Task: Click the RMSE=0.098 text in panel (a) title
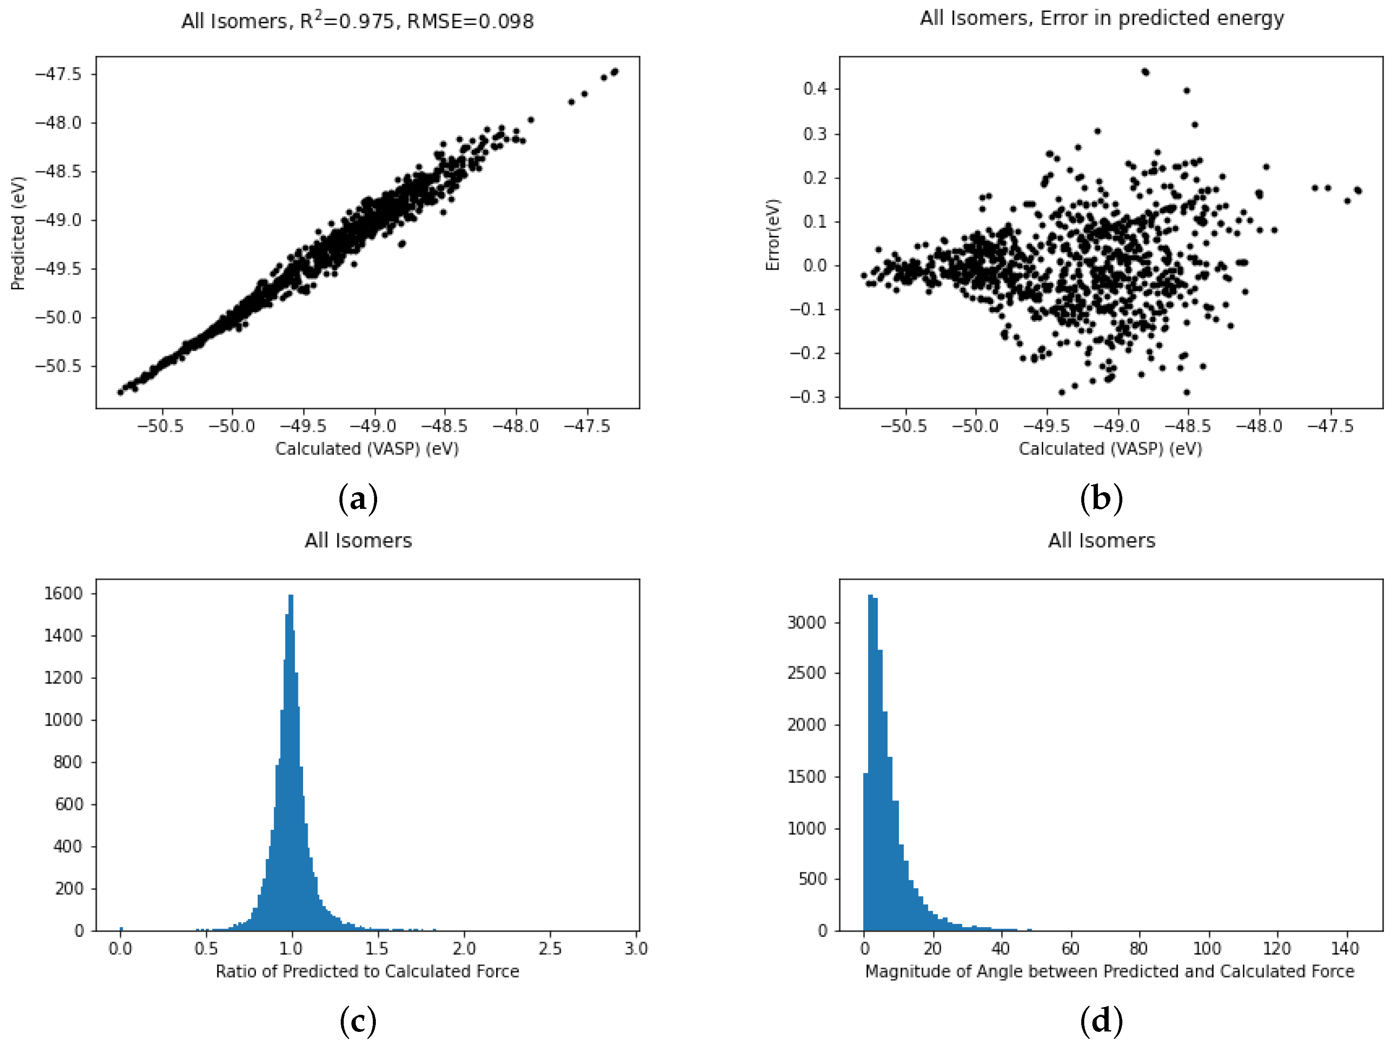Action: [x=470, y=21]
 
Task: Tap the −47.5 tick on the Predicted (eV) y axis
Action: [x=58, y=74]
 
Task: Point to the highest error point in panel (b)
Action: [x=1145, y=72]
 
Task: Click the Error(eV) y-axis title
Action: [x=772, y=235]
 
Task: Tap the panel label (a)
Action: [x=358, y=499]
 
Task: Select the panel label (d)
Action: [x=1101, y=1021]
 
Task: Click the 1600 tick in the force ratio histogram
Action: [x=63, y=594]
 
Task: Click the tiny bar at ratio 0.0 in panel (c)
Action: [x=121, y=928]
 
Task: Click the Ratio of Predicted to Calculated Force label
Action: [x=367, y=972]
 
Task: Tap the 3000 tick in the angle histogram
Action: [x=806, y=623]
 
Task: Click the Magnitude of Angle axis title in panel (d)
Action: [x=1109, y=972]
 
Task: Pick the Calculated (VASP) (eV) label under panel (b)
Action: [x=1110, y=449]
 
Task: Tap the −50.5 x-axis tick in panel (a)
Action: [x=161, y=426]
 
